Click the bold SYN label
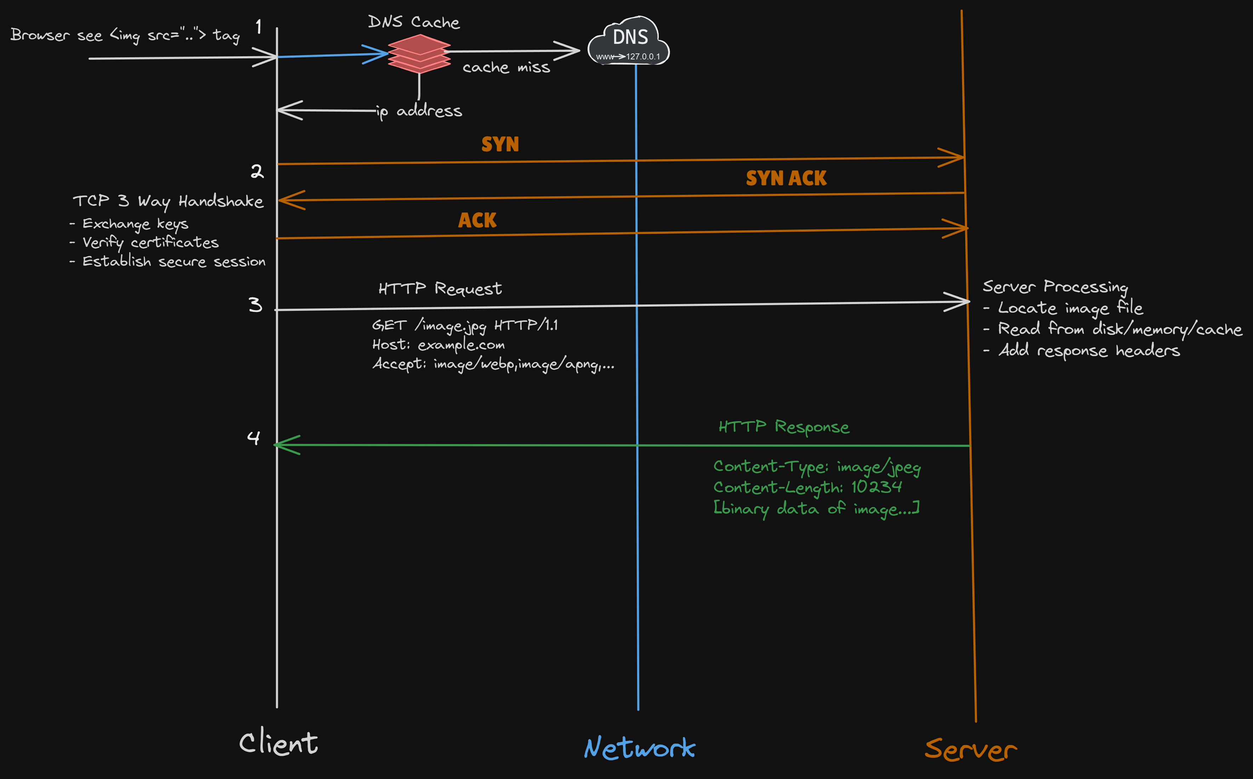tap(500, 144)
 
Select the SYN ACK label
tap(786, 178)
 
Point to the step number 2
tap(257, 171)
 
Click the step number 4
tap(253, 438)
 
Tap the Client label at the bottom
tap(279, 743)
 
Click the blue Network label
tap(639, 748)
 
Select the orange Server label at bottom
tap(971, 750)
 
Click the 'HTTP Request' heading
tap(440, 289)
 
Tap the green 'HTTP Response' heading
tap(784, 426)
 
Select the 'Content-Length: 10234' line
tap(807, 487)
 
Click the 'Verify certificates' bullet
tap(149, 243)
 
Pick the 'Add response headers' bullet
tap(1088, 351)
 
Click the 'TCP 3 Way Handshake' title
tap(168, 201)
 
